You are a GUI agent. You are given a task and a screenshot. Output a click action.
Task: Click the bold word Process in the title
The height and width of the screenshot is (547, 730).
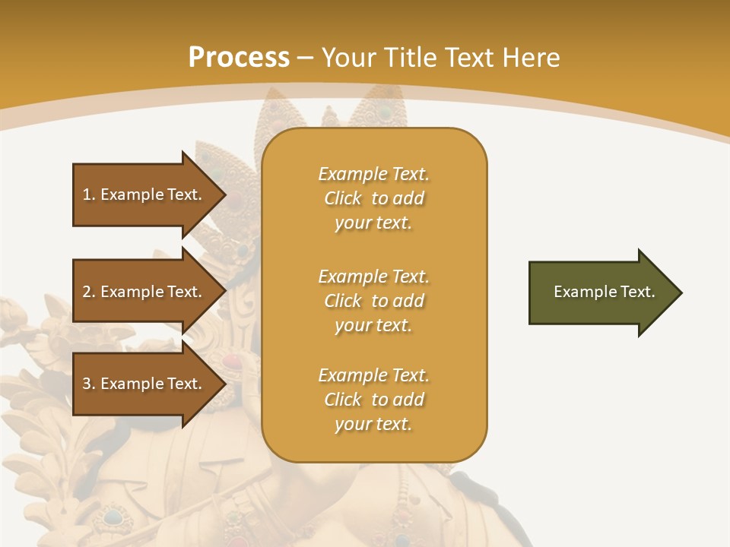pyautogui.click(x=239, y=58)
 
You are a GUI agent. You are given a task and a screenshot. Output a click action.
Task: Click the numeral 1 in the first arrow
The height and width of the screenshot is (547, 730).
pyautogui.click(x=87, y=194)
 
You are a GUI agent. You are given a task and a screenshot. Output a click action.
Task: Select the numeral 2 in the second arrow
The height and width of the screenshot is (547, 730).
pyautogui.click(x=87, y=292)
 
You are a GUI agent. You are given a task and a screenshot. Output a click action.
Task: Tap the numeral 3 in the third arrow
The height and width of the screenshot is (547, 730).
pyautogui.click(x=87, y=384)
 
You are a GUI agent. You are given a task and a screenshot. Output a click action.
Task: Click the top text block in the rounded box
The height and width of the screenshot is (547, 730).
pyautogui.click(x=373, y=198)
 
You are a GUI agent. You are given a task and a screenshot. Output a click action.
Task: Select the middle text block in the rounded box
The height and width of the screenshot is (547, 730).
pyautogui.click(x=373, y=301)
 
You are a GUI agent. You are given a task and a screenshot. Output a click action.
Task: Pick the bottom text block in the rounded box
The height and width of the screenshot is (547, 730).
pyautogui.click(x=373, y=400)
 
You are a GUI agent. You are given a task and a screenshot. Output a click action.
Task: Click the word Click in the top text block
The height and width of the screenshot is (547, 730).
pyautogui.click(x=343, y=199)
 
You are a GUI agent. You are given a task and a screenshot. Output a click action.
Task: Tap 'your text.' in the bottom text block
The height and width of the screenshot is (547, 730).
pyautogui.click(x=373, y=424)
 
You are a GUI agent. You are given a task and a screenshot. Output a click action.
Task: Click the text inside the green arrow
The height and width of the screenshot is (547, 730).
pyautogui.click(x=604, y=292)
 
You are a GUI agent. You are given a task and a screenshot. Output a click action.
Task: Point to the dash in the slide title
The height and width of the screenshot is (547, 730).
pyautogui.click(x=305, y=58)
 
